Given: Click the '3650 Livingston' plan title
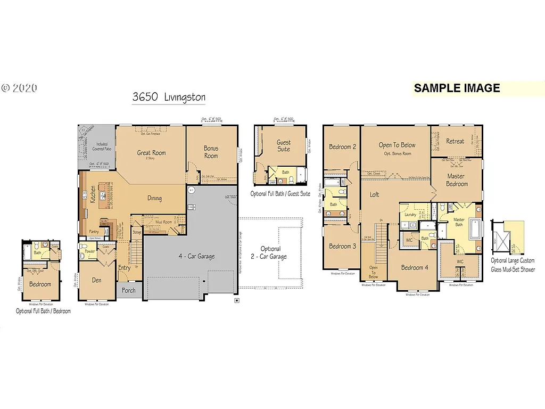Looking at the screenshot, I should [169, 97].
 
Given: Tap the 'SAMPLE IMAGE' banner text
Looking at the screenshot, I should [457, 88].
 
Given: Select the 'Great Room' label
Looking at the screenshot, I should [151, 153].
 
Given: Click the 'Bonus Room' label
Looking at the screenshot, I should [211, 152].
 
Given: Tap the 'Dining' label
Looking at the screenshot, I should [154, 198].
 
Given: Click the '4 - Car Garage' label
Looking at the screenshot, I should [196, 256].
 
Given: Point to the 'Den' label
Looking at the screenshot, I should [96, 280].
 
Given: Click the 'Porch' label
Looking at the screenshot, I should [128, 290].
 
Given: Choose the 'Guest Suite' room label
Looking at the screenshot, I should [284, 145].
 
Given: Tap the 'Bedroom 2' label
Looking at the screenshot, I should [342, 146].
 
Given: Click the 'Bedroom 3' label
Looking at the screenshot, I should [342, 246].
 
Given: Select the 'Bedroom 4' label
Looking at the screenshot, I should [415, 267].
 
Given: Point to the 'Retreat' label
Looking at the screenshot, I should [455, 141].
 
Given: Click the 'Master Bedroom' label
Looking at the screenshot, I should [456, 180].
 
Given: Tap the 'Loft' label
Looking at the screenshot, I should [375, 194].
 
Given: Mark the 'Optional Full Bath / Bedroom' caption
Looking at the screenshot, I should [43, 311].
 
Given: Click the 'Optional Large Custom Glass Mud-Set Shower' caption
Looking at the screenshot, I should [513, 265].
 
